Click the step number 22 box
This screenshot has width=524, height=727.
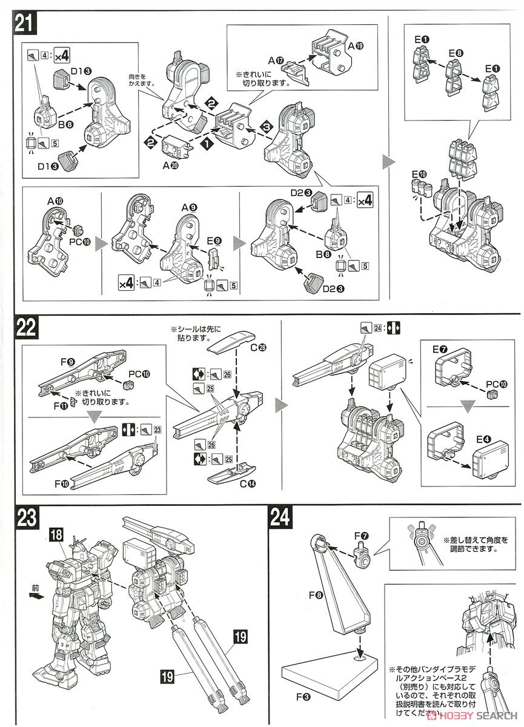tap(26, 328)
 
